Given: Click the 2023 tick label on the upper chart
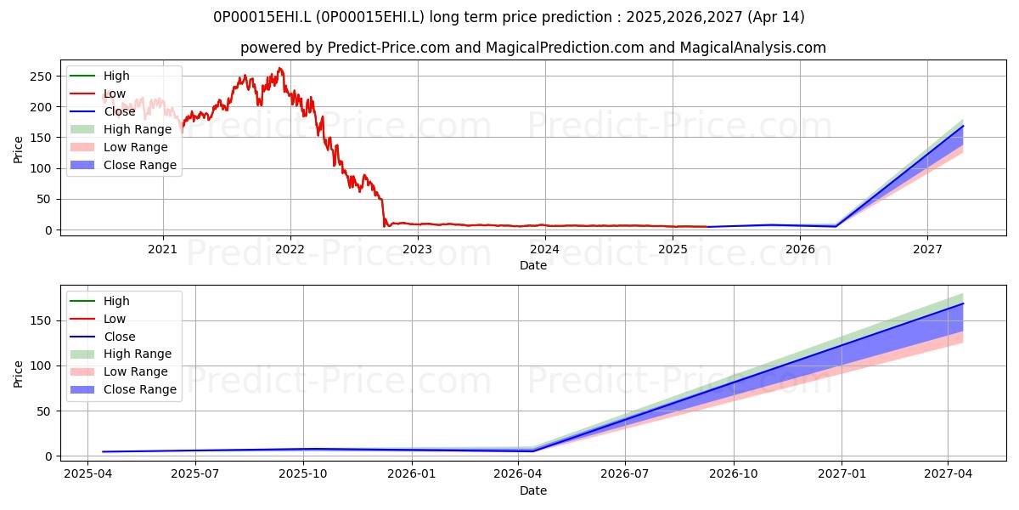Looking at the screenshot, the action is point(418,250).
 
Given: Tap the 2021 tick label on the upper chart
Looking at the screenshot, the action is point(163,250).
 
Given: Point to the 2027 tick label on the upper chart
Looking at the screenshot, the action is point(927,250).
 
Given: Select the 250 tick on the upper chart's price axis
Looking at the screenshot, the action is point(41,76).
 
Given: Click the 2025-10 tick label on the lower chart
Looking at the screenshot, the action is point(303,474).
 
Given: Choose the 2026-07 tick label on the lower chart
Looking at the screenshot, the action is point(625,474).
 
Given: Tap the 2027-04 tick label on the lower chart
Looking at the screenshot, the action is point(948,474).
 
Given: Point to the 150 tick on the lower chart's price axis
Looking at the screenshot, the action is point(41,321).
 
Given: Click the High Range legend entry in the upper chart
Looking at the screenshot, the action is point(121,129).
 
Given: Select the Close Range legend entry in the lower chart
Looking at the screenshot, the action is point(123,389).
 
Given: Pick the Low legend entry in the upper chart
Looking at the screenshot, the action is point(98,93).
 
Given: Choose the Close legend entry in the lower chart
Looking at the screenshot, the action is point(103,337).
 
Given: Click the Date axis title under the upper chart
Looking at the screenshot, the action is point(533,265).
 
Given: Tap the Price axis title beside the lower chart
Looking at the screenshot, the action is point(18,374).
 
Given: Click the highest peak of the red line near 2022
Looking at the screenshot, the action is point(279,68).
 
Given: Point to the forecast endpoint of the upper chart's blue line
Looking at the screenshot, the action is point(963,125).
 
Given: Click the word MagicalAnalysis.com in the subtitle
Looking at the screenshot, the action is point(753,48).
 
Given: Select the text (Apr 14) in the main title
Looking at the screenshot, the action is point(776,17).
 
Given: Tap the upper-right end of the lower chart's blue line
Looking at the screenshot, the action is point(963,303).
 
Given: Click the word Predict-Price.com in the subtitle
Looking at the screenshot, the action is point(389,48).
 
